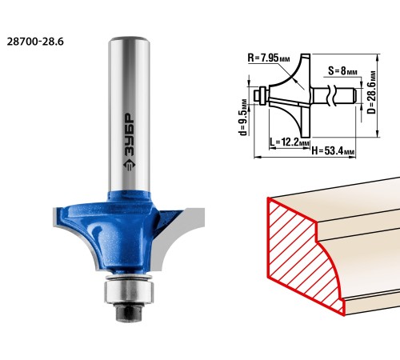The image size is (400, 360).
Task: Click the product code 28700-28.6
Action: click(35, 42)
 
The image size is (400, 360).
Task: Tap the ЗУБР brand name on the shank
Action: click(130, 134)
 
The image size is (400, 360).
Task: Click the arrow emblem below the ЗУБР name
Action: click(129, 166)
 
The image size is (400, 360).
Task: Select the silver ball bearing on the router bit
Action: click(129, 292)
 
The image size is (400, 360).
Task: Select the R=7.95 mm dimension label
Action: click(268, 58)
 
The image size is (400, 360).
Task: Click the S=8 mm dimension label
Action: click(343, 71)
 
